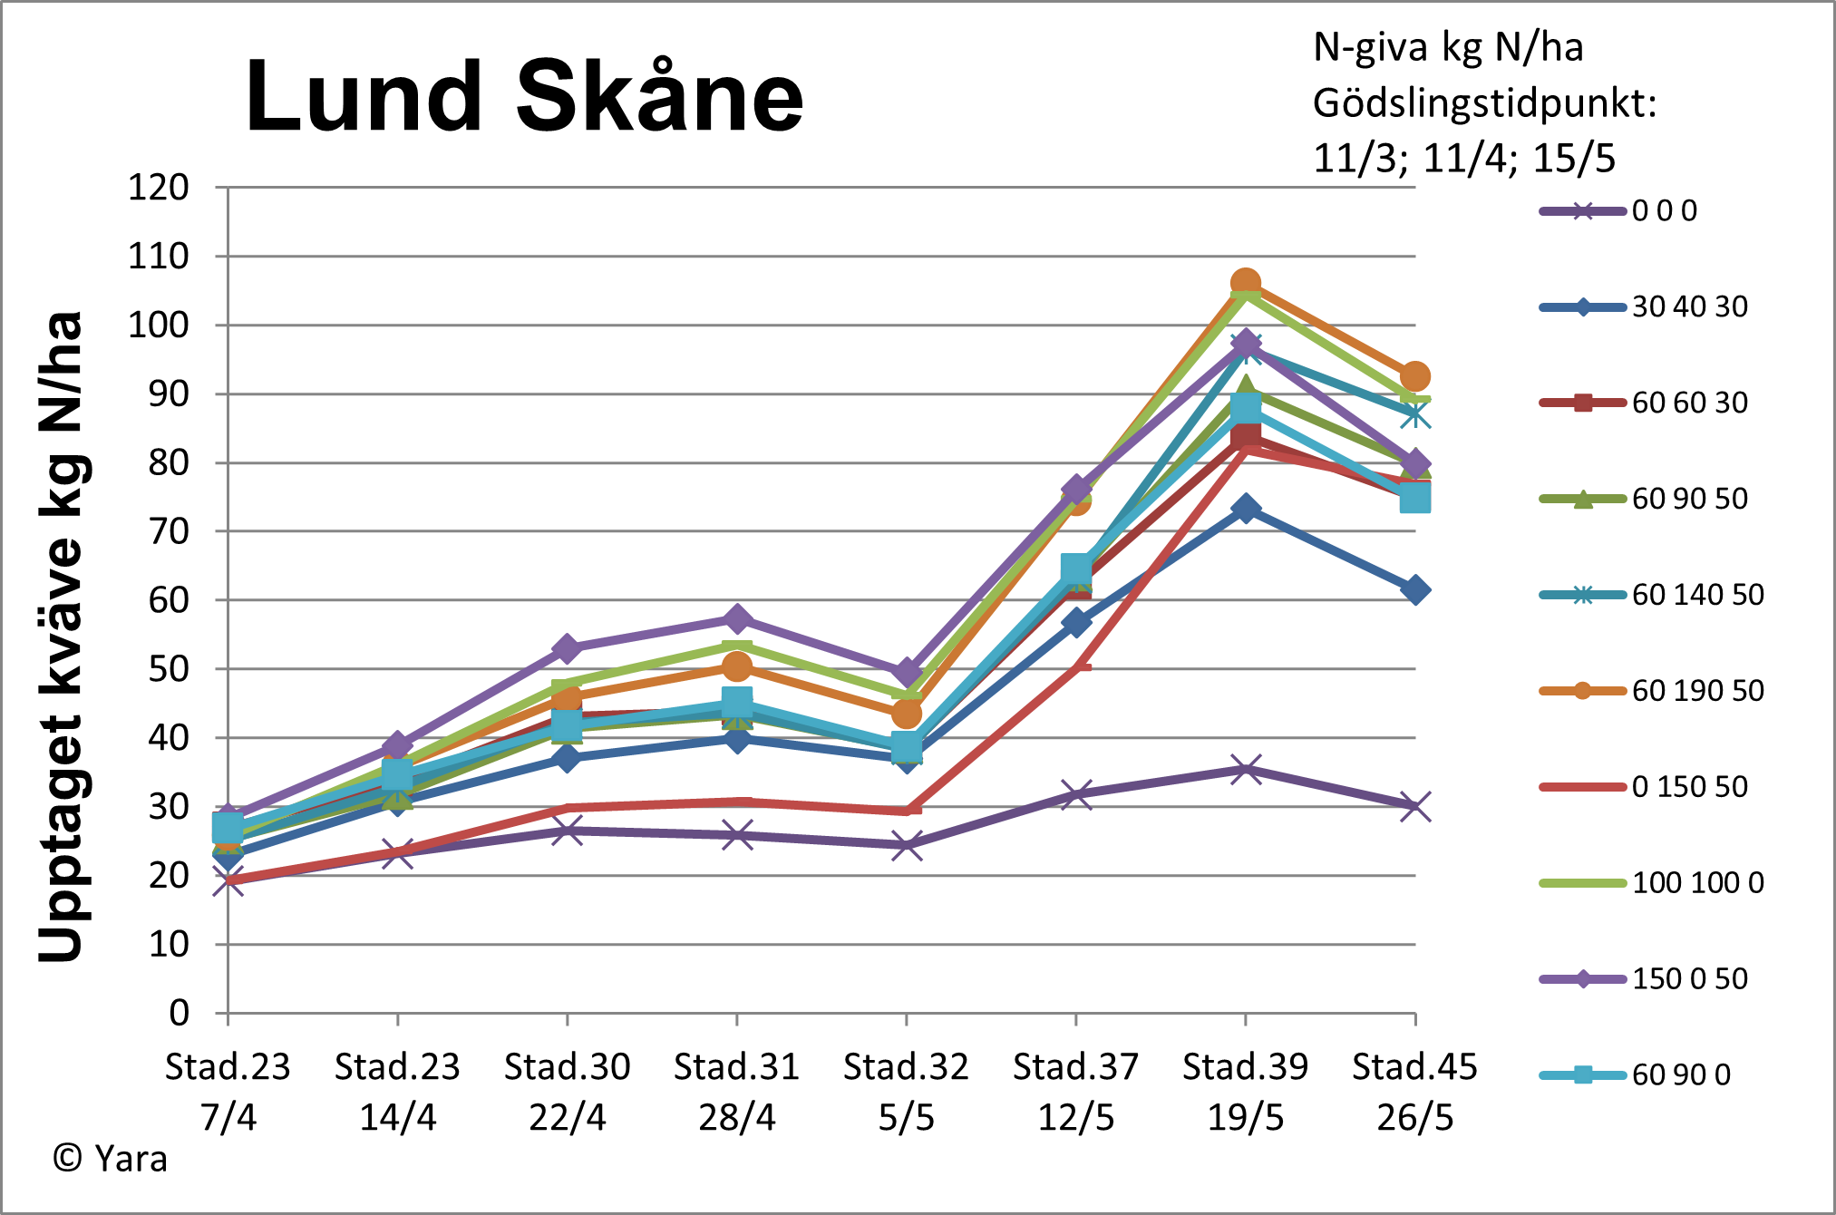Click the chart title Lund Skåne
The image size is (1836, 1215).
[524, 96]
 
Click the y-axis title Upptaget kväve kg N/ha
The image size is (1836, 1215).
[62, 637]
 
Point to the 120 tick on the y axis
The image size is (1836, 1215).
[159, 188]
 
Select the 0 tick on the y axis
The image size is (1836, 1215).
[180, 1013]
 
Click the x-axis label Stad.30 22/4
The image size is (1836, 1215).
[567, 1092]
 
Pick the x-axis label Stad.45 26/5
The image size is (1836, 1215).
[1414, 1092]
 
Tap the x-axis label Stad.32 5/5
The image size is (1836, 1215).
[906, 1092]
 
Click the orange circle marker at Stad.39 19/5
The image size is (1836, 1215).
[1246, 284]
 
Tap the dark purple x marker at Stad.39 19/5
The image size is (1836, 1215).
[1246, 770]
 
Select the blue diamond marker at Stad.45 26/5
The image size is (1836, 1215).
[1414, 590]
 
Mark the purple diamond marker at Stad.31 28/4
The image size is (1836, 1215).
[737, 619]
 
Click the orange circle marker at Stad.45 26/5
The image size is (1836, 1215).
[1414, 376]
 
